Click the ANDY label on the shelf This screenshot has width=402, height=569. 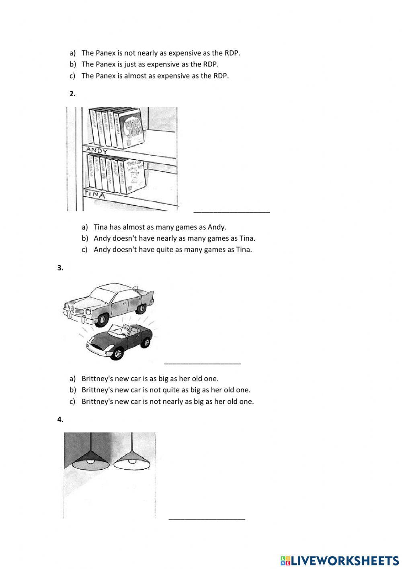97,151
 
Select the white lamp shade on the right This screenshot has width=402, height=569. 132,462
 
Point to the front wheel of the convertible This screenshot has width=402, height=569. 118,354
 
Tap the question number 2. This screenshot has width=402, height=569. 72,94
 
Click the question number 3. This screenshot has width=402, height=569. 60,268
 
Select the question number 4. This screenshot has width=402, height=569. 60,420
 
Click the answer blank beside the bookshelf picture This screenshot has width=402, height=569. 232,211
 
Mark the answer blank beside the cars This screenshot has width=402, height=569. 203,363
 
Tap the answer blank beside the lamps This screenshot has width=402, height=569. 207,519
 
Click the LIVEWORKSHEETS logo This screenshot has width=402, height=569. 340,560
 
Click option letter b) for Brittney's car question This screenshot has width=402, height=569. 72,390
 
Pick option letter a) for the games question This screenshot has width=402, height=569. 84,227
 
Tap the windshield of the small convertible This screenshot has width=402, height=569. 120,331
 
